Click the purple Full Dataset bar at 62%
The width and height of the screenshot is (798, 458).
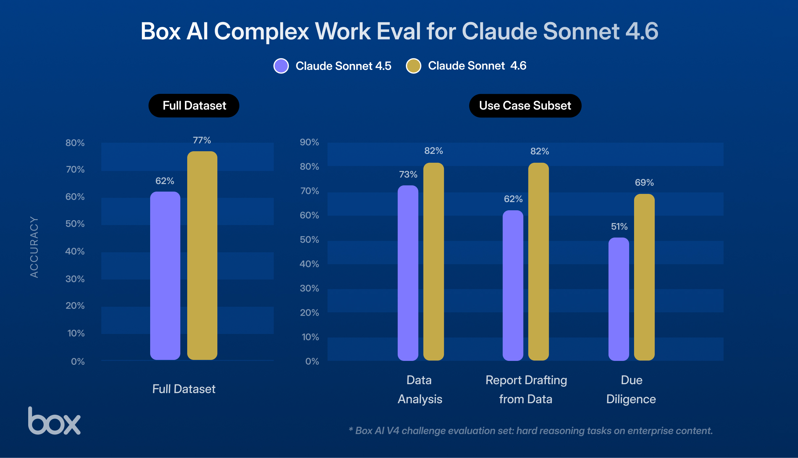[165, 276]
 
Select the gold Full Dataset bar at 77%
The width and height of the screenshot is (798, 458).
[202, 256]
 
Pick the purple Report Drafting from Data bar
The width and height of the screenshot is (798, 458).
[513, 285]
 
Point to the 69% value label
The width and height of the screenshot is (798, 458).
[644, 182]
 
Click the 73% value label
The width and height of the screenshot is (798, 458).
[408, 174]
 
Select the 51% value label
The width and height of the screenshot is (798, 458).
[619, 226]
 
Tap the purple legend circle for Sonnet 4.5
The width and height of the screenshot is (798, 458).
[281, 66]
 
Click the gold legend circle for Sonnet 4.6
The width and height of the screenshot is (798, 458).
[413, 66]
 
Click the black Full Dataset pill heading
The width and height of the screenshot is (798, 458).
[194, 106]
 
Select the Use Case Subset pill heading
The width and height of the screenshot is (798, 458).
[525, 106]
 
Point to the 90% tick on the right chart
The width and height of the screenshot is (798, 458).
[309, 142]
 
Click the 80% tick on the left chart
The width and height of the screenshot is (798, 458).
[75, 143]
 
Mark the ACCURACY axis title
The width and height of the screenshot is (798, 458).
[34, 247]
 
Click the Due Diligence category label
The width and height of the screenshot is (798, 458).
[631, 389]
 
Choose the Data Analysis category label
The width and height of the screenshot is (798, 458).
[420, 389]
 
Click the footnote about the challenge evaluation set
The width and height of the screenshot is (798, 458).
[530, 430]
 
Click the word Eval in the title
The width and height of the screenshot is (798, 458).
[398, 31]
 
